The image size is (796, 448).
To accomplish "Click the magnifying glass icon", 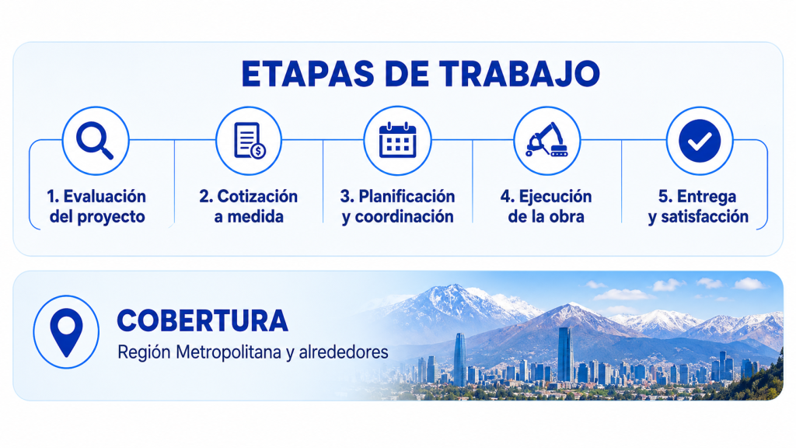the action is pyautogui.click(x=95, y=141).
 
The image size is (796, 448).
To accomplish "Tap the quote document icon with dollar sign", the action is pyautogui.click(x=250, y=141).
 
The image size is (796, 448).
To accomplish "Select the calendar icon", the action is pyautogui.click(x=397, y=140).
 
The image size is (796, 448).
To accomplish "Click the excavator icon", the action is pyautogui.click(x=546, y=140).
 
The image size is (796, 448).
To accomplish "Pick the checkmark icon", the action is pyautogui.click(x=700, y=141).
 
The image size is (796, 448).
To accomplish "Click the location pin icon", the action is pyautogui.click(x=67, y=331).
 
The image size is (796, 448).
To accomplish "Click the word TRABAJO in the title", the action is pyautogui.click(x=519, y=74).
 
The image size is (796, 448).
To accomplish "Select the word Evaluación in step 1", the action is pyautogui.click(x=105, y=196).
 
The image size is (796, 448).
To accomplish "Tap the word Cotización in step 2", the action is pyautogui.click(x=257, y=196).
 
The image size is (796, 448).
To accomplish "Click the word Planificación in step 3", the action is pyautogui.click(x=407, y=196).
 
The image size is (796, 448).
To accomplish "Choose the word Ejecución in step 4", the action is pyautogui.click(x=555, y=196).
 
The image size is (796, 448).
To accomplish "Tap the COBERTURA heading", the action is pyautogui.click(x=203, y=321).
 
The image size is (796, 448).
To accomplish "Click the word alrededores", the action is pyautogui.click(x=344, y=352).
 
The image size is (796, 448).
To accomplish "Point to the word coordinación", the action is pyautogui.click(x=404, y=217).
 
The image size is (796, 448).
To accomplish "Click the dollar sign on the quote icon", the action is pyautogui.click(x=258, y=151).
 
